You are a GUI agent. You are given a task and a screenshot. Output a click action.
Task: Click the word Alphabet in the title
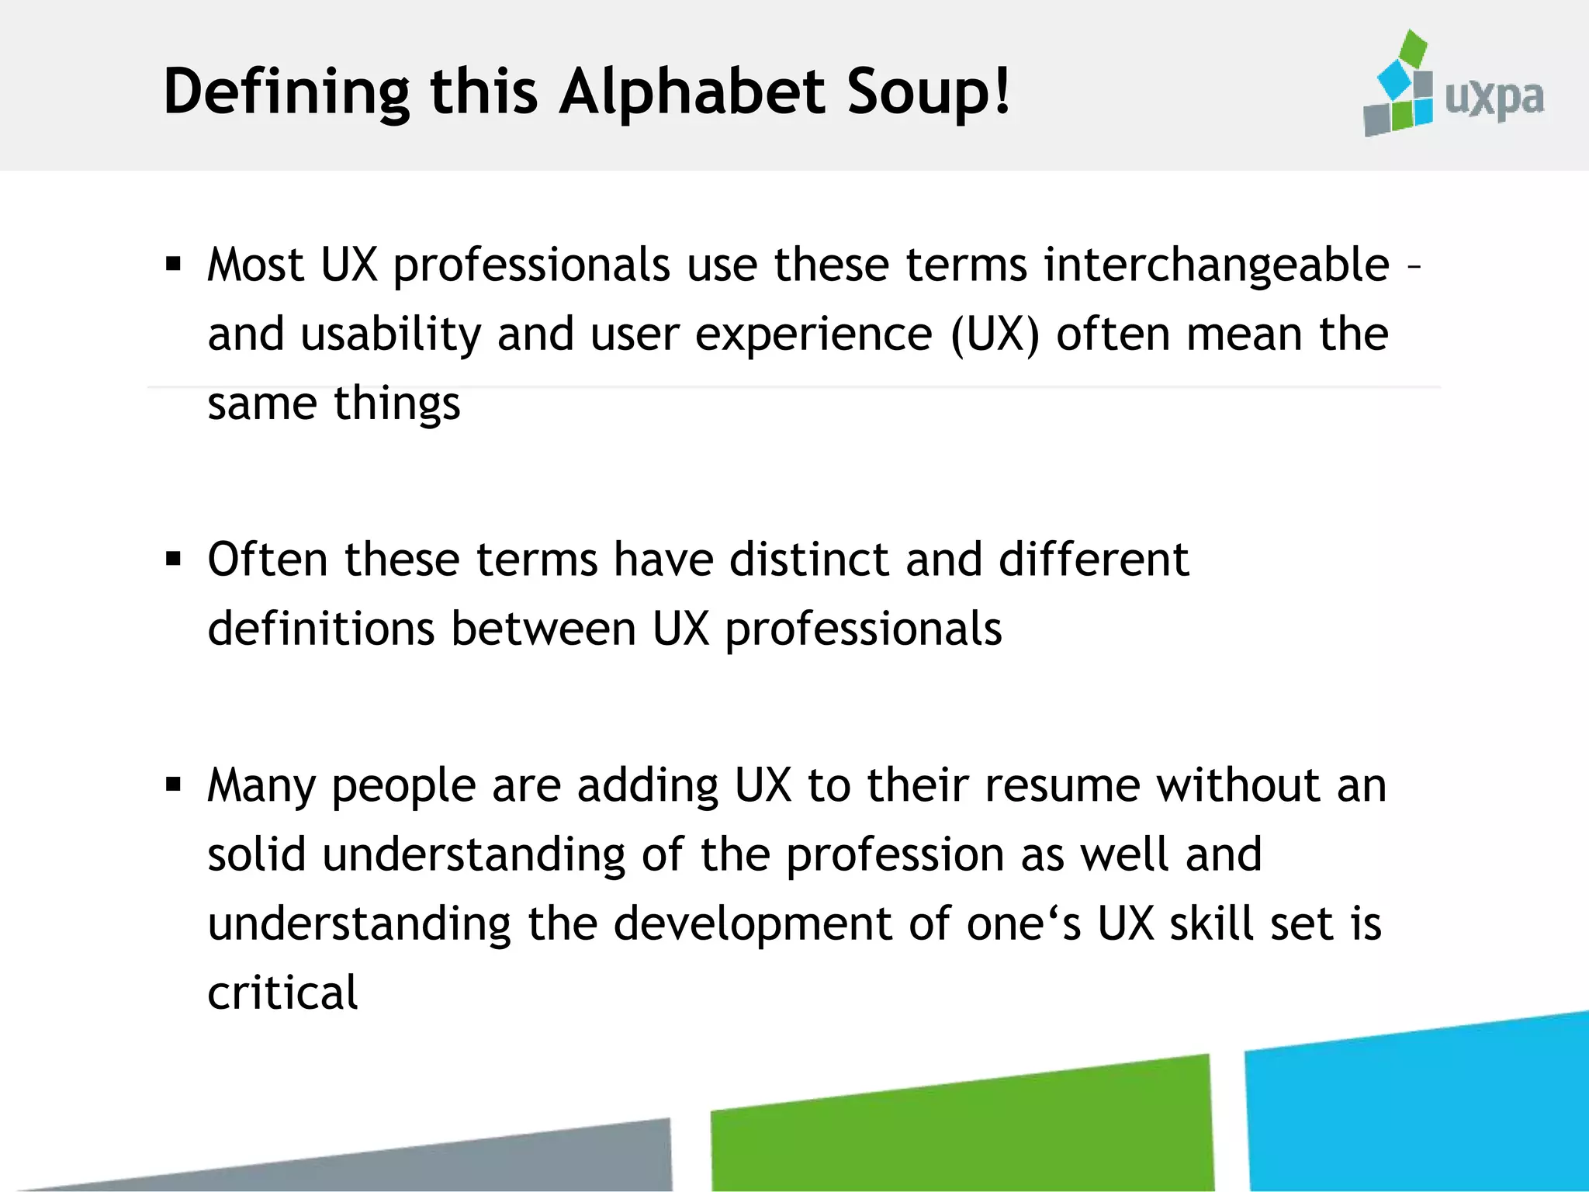point(692,92)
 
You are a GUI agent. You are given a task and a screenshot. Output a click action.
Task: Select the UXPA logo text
point(1494,99)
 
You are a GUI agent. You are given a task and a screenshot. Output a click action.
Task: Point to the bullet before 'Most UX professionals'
point(174,265)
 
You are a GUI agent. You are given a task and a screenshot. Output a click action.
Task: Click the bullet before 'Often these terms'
point(174,559)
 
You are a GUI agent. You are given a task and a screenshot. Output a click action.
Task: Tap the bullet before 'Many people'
point(174,785)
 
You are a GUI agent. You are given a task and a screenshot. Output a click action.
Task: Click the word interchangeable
point(1216,265)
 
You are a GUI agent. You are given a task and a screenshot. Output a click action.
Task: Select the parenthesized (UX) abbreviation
point(995,335)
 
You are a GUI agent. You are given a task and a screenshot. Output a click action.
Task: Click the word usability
point(391,335)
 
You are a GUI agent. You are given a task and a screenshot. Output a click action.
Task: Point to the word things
point(396,404)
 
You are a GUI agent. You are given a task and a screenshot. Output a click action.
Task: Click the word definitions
point(320,628)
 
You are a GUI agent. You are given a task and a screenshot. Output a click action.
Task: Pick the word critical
point(282,993)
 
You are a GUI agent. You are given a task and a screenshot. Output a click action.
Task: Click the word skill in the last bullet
point(1212,923)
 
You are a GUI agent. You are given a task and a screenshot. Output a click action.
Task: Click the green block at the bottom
point(962,1129)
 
